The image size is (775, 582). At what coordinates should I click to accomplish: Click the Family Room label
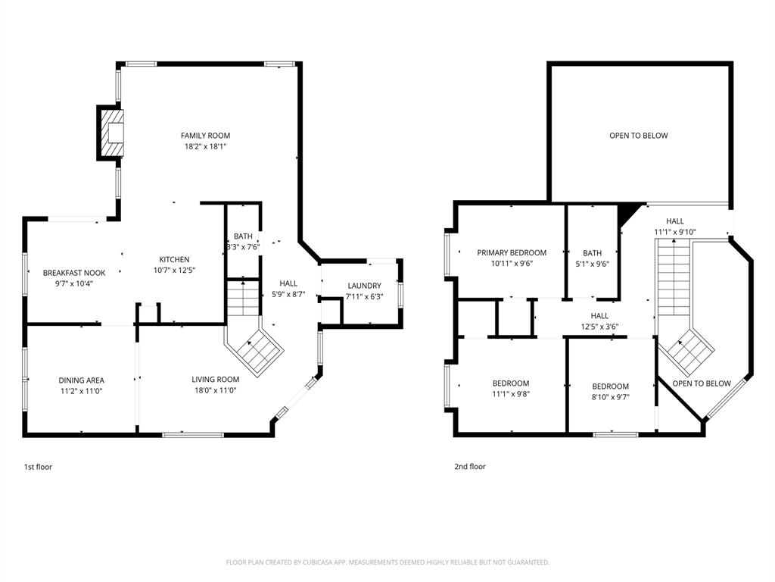(205, 136)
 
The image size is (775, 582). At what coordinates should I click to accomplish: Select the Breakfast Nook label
(74, 273)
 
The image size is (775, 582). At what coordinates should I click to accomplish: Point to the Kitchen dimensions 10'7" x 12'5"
(175, 271)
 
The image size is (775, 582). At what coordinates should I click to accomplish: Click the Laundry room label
(364, 286)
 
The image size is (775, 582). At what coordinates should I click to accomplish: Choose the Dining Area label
(82, 380)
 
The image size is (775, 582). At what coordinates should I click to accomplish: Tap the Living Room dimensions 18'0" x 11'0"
(216, 390)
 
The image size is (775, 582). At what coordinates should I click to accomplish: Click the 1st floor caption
(38, 467)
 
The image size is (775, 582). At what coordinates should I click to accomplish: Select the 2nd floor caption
(470, 466)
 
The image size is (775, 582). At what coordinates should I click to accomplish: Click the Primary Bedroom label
(512, 252)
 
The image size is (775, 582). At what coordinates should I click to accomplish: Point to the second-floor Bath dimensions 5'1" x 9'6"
(592, 264)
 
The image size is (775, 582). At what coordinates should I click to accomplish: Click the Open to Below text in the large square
(639, 136)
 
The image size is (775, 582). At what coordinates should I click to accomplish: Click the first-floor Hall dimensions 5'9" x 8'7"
(288, 294)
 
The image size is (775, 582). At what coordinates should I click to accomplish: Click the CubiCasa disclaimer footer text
(387, 562)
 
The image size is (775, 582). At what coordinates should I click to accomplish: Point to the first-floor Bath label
(243, 236)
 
